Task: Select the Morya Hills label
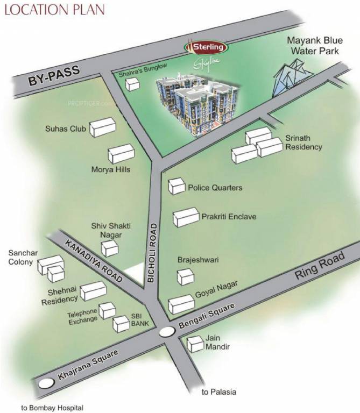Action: (x=111, y=169)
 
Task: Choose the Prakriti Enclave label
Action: (x=229, y=217)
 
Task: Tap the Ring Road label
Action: (x=319, y=267)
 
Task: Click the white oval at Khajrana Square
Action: (x=47, y=383)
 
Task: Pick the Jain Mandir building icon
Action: (x=193, y=344)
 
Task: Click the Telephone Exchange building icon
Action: (x=107, y=310)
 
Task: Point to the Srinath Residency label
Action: (x=303, y=143)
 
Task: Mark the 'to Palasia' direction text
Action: (x=218, y=392)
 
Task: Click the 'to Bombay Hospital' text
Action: (x=52, y=408)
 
